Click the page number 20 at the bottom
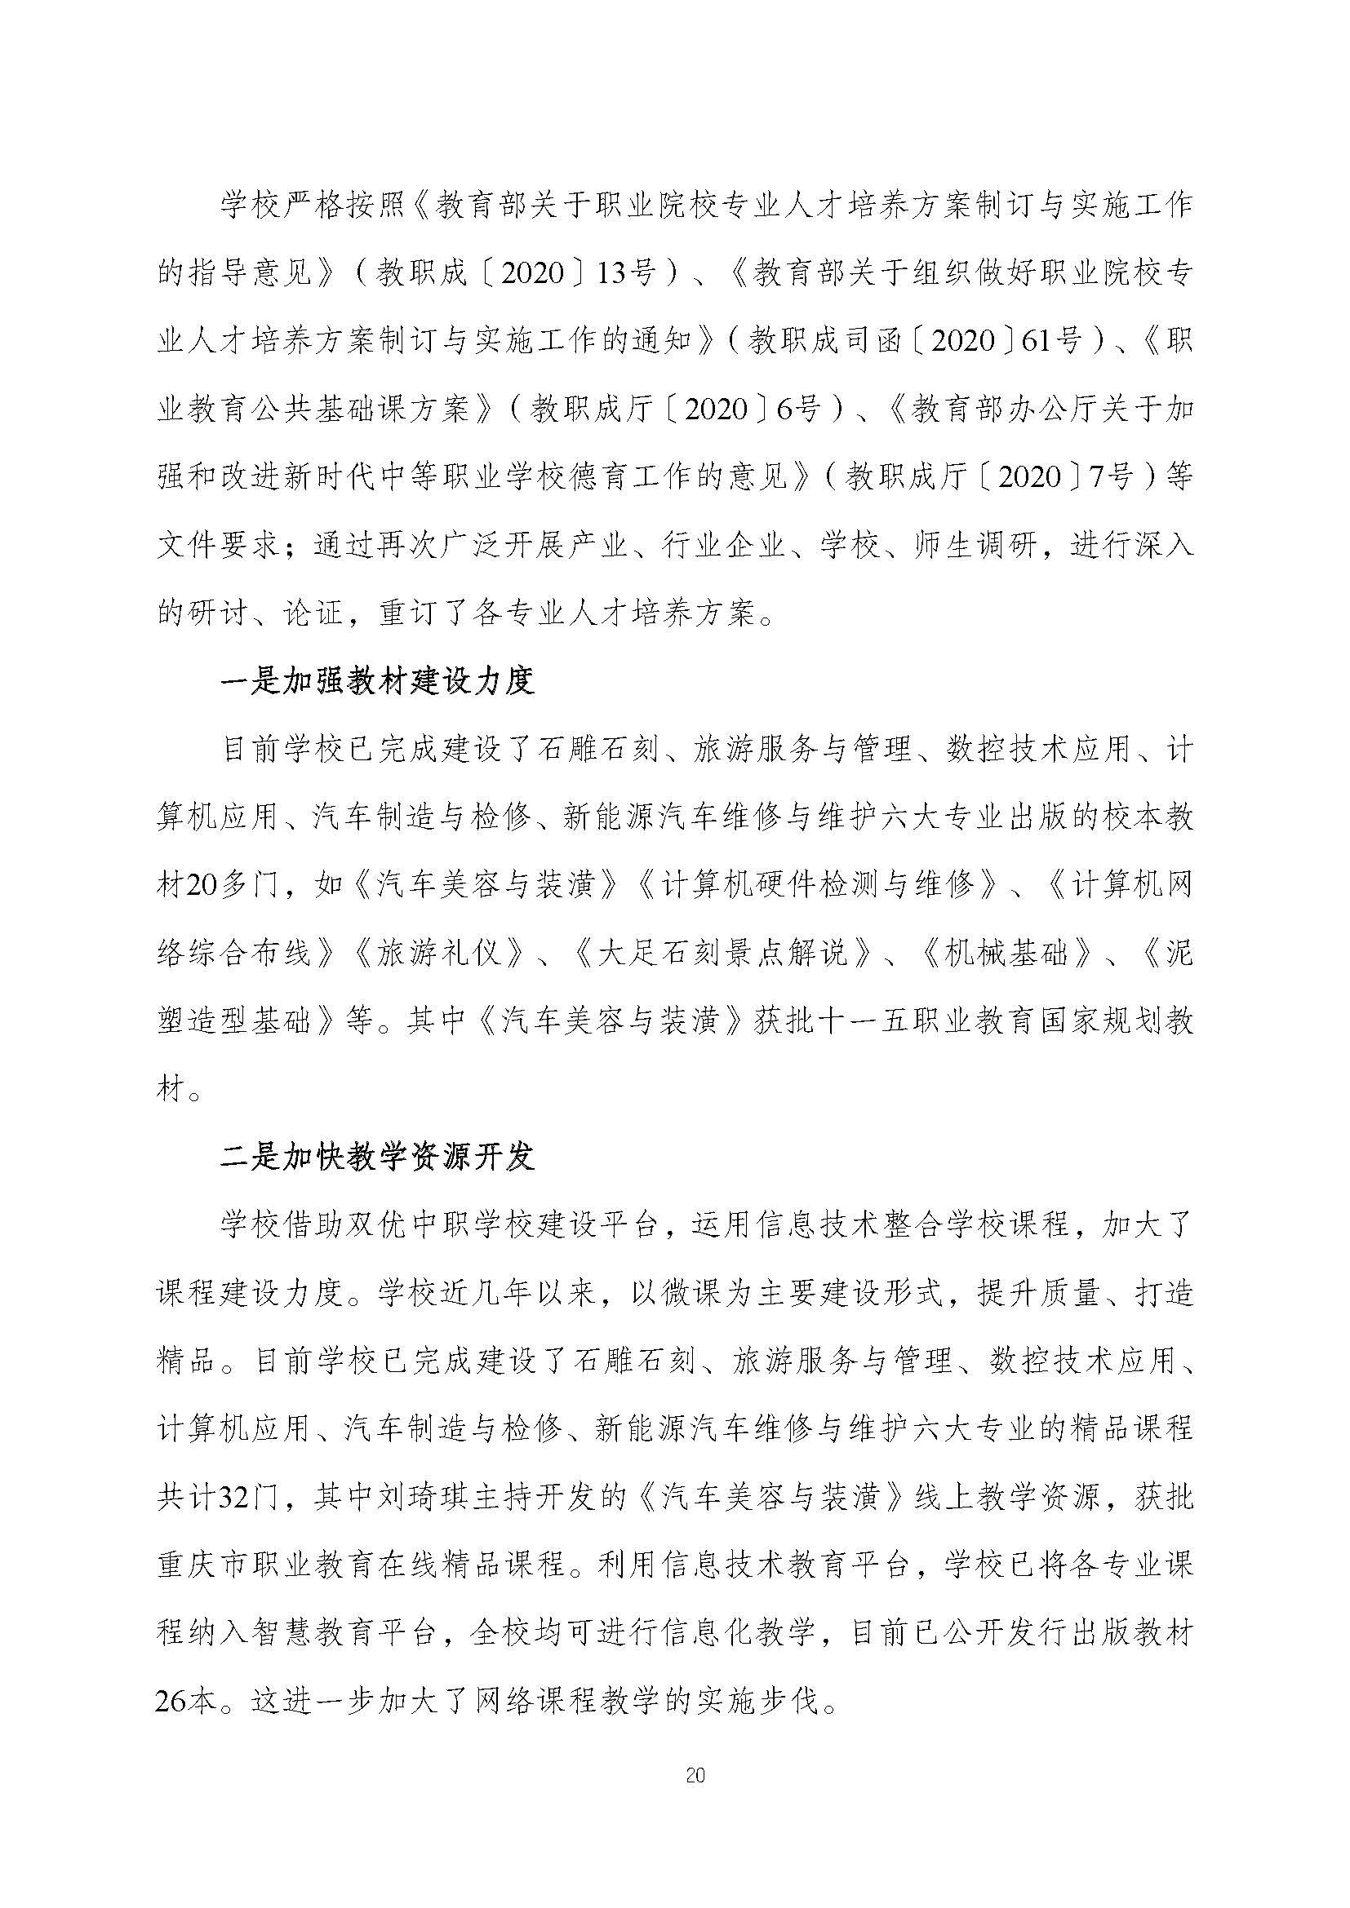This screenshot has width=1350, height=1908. (696, 1777)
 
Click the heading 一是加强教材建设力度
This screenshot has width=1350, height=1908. (377, 681)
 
